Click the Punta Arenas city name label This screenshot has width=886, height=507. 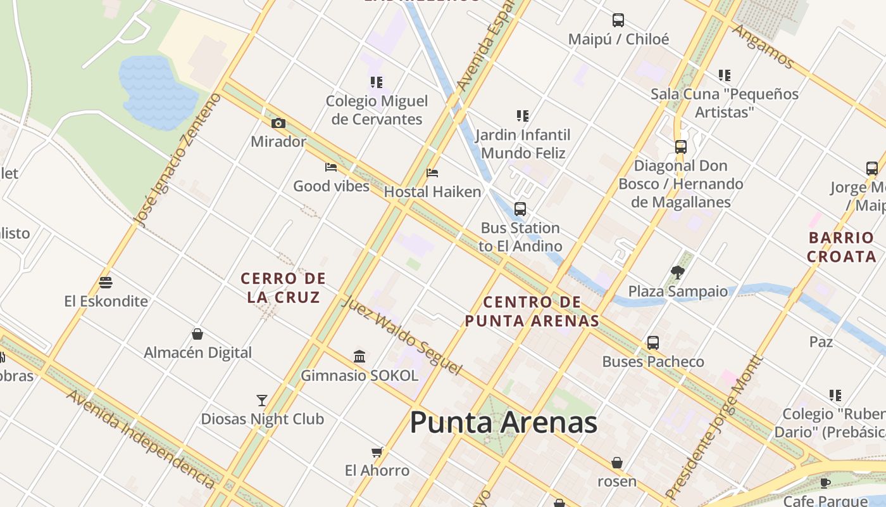click(504, 423)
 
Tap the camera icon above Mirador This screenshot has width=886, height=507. click(278, 123)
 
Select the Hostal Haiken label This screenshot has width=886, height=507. click(433, 191)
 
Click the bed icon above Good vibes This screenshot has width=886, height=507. click(331, 167)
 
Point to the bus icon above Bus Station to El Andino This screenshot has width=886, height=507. click(520, 209)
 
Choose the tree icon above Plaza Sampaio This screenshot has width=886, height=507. click(678, 273)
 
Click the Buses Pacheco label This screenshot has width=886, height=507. click(653, 362)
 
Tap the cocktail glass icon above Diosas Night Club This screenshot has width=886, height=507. click(262, 400)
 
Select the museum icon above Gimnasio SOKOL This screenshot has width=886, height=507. click(359, 357)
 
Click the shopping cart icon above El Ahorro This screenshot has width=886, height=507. click(377, 452)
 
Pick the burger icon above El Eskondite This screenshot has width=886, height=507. click(106, 283)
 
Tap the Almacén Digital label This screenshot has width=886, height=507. click(198, 352)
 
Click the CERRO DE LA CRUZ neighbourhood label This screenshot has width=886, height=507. click(283, 287)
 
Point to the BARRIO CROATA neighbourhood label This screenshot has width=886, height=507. click(841, 247)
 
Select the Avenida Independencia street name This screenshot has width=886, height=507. click(141, 439)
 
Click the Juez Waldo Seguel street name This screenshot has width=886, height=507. click(402, 335)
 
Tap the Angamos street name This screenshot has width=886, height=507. click(763, 46)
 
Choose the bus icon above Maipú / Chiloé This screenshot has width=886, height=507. click(618, 20)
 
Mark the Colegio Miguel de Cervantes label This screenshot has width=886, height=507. click(377, 110)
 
